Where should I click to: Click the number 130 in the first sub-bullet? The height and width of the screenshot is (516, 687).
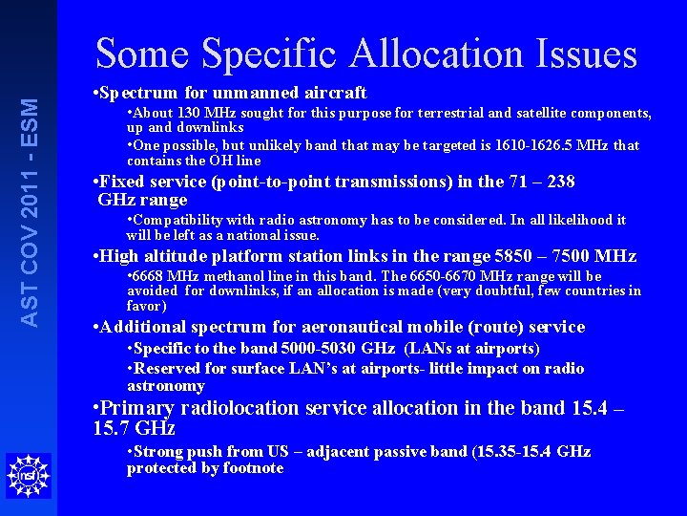[x=190, y=113]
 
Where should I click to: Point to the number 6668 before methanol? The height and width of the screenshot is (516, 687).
[x=152, y=276]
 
